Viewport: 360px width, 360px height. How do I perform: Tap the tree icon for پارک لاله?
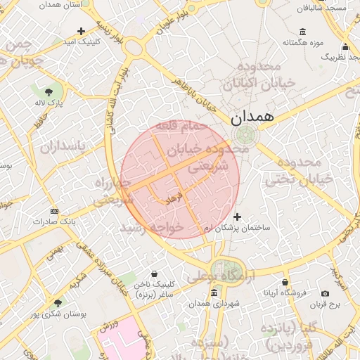pos(49,92)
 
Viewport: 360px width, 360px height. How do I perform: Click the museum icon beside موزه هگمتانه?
pos(303,31)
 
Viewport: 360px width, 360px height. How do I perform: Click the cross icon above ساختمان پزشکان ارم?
pos(237,217)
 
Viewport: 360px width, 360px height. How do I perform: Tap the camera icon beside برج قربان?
pos(325,293)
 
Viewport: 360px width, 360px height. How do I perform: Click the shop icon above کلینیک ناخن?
pos(155,274)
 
